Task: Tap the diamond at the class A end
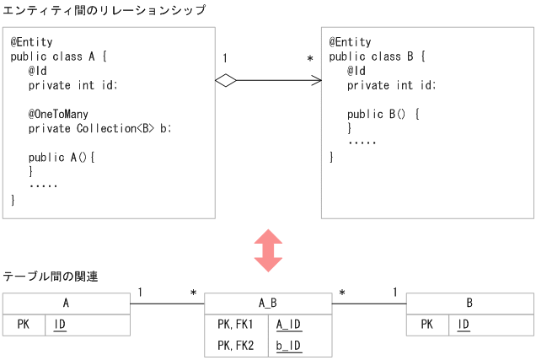[x=225, y=80]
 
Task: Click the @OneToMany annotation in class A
[x=58, y=114]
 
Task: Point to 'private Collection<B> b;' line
[x=99, y=129]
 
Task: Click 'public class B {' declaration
[x=377, y=56]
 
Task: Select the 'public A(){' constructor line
[x=62, y=158]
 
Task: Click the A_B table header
[x=268, y=304]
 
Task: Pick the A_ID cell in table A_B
[x=288, y=325]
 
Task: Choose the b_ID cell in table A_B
[x=288, y=345]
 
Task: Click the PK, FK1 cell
[x=235, y=325]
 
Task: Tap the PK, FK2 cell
[x=235, y=345]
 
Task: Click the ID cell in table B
[x=464, y=325]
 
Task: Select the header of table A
[x=66, y=304]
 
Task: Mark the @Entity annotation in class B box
[x=350, y=42]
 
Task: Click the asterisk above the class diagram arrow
[x=310, y=59]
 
